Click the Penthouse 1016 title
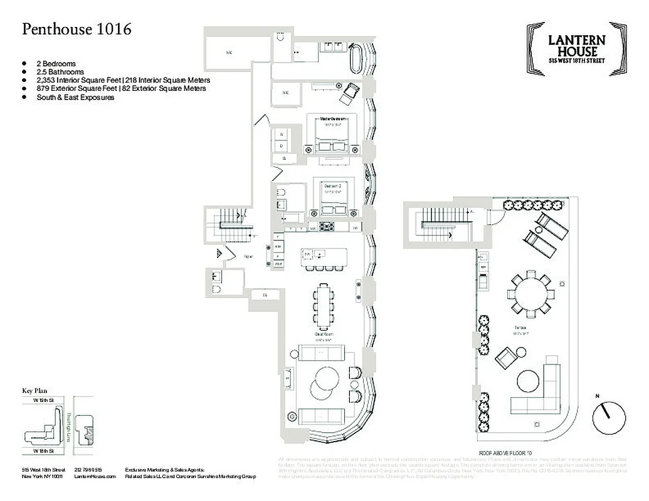tap(77, 29)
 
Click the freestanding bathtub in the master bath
tap(356, 59)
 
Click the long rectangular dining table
tap(324, 306)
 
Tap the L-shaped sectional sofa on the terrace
tap(540, 391)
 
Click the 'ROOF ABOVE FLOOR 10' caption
tap(505, 452)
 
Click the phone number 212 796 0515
tap(88, 470)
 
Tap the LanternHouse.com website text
tap(95, 477)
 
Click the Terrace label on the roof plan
tap(520, 328)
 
